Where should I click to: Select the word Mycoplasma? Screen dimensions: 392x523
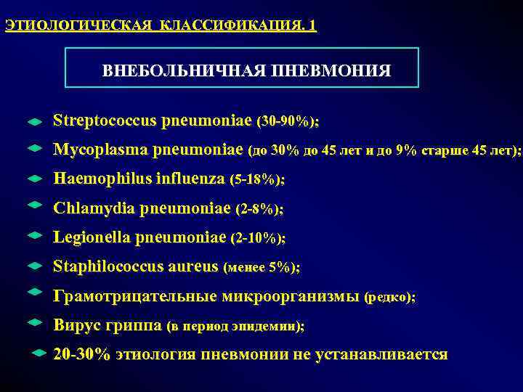[x=100, y=150]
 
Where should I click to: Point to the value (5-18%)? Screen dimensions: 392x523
[x=256, y=179]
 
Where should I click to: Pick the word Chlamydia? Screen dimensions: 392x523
[x=91, y=208]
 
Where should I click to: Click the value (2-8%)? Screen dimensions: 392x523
[x=260, y=209]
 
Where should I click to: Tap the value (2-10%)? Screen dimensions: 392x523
[x=258, y=238]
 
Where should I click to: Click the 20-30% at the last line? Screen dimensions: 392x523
[x=81, y=354]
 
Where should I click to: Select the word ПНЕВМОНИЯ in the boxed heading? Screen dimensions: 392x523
[x=331, y=70]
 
